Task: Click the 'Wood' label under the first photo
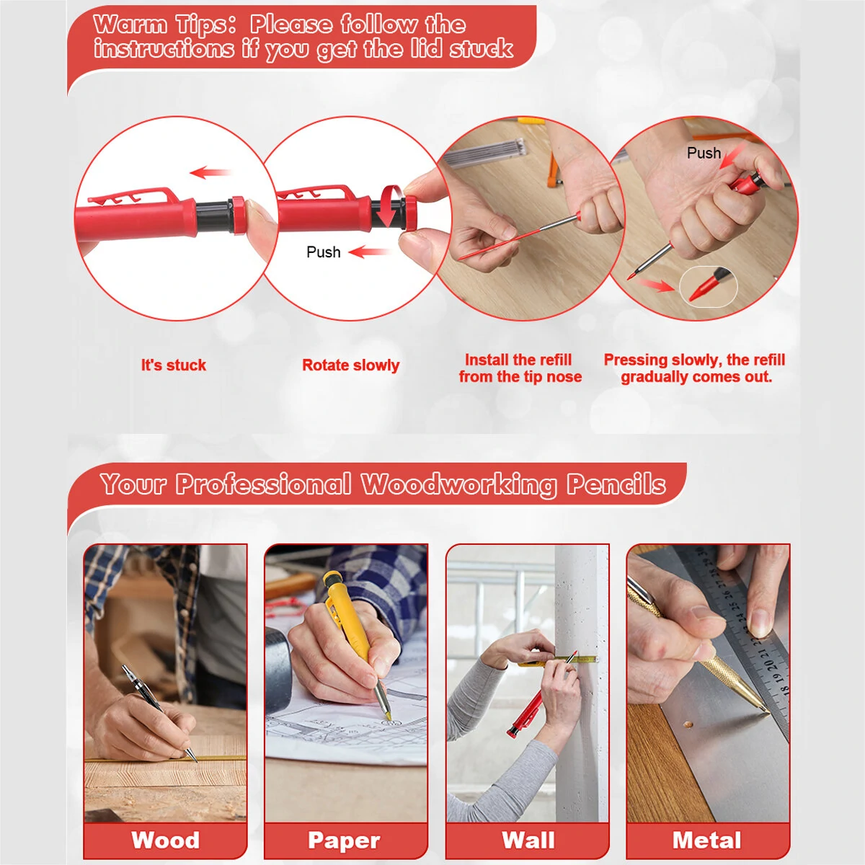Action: tap(166, 840)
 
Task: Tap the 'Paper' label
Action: tap(345, 840)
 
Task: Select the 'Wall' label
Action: tap(528, 840)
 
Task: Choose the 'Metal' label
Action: tap(706, 840)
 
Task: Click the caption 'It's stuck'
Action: tap(174, 365)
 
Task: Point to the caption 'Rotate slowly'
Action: tap(350, 365)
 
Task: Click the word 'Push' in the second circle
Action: tap(323, 252)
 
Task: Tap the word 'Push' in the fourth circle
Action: tap(704, 153)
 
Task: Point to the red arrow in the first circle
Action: tap(210, 172)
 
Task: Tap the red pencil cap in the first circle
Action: tap(238, 215)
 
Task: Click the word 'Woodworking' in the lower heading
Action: tap(458, 486)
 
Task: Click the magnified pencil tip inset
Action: tap(709, 287)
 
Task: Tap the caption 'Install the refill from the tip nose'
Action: tap(520, 368)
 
